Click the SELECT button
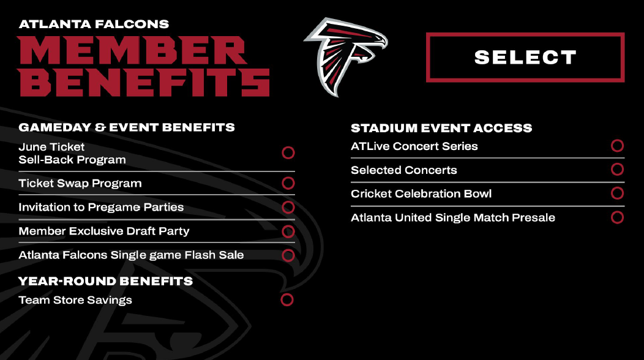(525, 58)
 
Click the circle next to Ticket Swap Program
(288, 183)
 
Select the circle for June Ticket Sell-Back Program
(288, 152)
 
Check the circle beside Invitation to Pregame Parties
(288, 207)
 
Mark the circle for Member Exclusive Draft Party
(288, 231)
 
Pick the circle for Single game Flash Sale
(288, 255)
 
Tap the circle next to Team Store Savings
(286, 300)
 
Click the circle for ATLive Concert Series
(617, 146)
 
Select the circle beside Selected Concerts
(617, 170)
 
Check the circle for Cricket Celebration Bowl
(617, 193)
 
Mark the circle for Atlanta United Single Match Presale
(617, 217)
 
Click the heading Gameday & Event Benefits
(127, 127)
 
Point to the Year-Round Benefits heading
(105, 281)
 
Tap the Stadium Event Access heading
(441, 128)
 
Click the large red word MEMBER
(132, 51)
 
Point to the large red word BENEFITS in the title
(144, 82)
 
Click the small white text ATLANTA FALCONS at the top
(94, 24)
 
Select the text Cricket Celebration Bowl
(421, 193)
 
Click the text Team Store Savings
(75, 300)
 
